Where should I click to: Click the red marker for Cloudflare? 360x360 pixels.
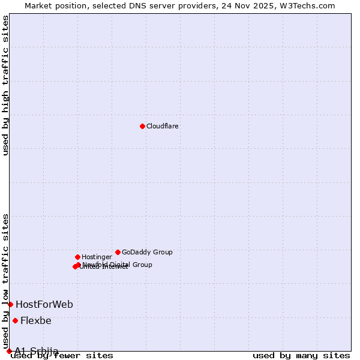pos(142,126)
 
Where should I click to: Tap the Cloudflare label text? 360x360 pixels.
pos(163,127)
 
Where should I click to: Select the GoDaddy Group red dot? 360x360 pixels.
pos(118,252)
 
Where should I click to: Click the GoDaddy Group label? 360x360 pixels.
pos(147,253)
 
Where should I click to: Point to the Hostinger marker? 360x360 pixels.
pos(77,257)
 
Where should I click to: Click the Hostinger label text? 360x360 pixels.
pos(97,257)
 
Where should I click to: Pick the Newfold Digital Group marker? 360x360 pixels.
pos(78,265)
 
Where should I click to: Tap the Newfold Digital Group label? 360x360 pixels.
pos(118,265)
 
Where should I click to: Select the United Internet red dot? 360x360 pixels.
pos(75,266)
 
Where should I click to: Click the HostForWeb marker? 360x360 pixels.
pos(10,304)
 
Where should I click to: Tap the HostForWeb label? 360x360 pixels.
pos(44,305)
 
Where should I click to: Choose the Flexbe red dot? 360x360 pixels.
pos(15,320)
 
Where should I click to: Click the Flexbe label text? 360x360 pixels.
pos(36,321)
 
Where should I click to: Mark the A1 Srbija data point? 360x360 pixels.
pos(9,351)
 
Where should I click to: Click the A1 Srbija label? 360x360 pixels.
pos(37,351)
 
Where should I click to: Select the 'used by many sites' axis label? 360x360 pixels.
pos(301,356)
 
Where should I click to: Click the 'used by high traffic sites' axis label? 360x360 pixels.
pos(6,85)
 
